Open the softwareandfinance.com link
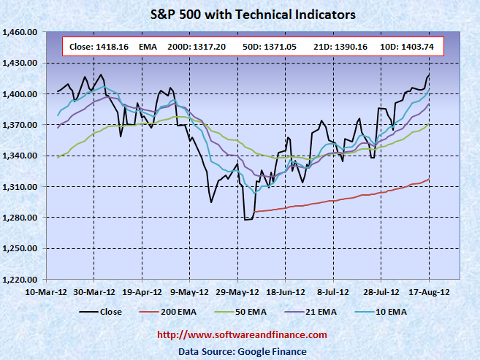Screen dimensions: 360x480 [x=243, y=334]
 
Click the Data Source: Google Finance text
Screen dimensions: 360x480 [x=243, y=351]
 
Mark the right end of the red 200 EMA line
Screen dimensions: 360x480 [x=429, y=180]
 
